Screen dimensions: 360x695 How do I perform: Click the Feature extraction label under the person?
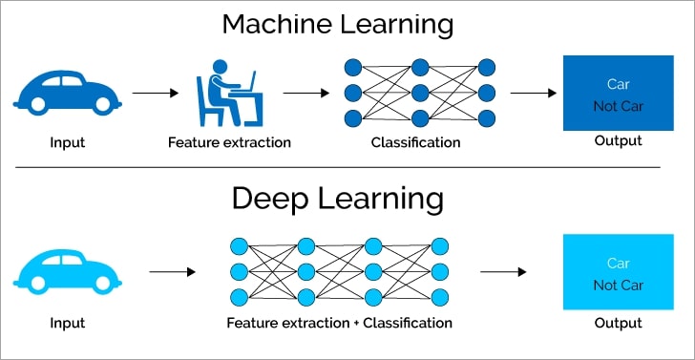pyautogui.click(x=229, y=143)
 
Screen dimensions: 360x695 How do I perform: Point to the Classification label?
pyautogui.click(x=415, y=143)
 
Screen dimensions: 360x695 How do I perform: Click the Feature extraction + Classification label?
pyautogui.click(x=339, y=323)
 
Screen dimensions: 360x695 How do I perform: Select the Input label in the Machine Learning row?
pyautogui.click(x=68, y=143)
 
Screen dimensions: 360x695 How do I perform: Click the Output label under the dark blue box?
pyautogui.click(x=618, y=140)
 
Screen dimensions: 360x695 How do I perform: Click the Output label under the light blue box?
pyautogui.click(x=618, y=323)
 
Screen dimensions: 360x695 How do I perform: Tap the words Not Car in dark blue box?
pyautogui.click(x=618, y=105)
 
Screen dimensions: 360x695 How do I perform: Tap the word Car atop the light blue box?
pyautogui.click(x=618, y=263)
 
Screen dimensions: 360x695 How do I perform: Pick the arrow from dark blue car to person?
pyautogui.click(x=155, y=94)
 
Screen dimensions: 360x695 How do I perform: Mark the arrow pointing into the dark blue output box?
pyautogui.click(x=534, y=94)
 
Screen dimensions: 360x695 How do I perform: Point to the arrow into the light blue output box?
pyautogui.click(x=502, y=271)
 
